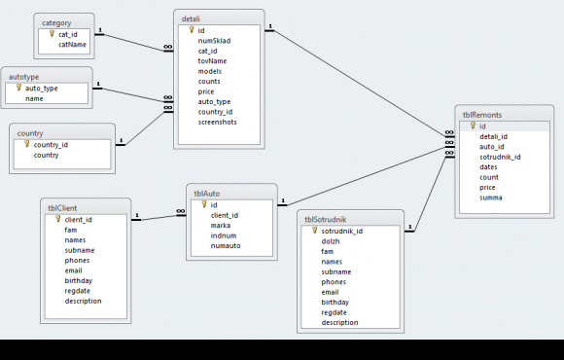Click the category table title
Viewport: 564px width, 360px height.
click(56, 23)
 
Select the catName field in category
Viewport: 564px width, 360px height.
click(72, 45)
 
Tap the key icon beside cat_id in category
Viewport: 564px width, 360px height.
click(52, 33)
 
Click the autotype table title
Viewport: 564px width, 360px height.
click(23, 77)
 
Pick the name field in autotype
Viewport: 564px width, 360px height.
click(34, 98)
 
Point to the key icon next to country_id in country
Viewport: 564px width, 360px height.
click(27, 144)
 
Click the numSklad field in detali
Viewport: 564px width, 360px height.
click(214, 41)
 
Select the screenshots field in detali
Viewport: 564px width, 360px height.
click(217, 122)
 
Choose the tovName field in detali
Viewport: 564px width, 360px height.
click(212, 61)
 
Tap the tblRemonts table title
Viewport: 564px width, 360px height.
click(482, 115)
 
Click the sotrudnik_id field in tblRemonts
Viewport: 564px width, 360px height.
click(500, 157)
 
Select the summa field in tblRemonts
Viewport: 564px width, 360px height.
click(491, 198)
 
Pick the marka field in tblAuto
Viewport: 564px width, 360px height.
click(221, 226)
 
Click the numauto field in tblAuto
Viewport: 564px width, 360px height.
click(226, 246)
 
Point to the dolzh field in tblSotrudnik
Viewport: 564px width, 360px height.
click(331, 241)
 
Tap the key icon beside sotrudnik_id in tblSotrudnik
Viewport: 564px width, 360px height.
click(315, 231)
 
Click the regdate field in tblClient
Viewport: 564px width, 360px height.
click(78, 291)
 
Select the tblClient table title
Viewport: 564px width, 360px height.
click(62, 208)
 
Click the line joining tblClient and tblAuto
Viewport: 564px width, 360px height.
click(159, 217)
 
